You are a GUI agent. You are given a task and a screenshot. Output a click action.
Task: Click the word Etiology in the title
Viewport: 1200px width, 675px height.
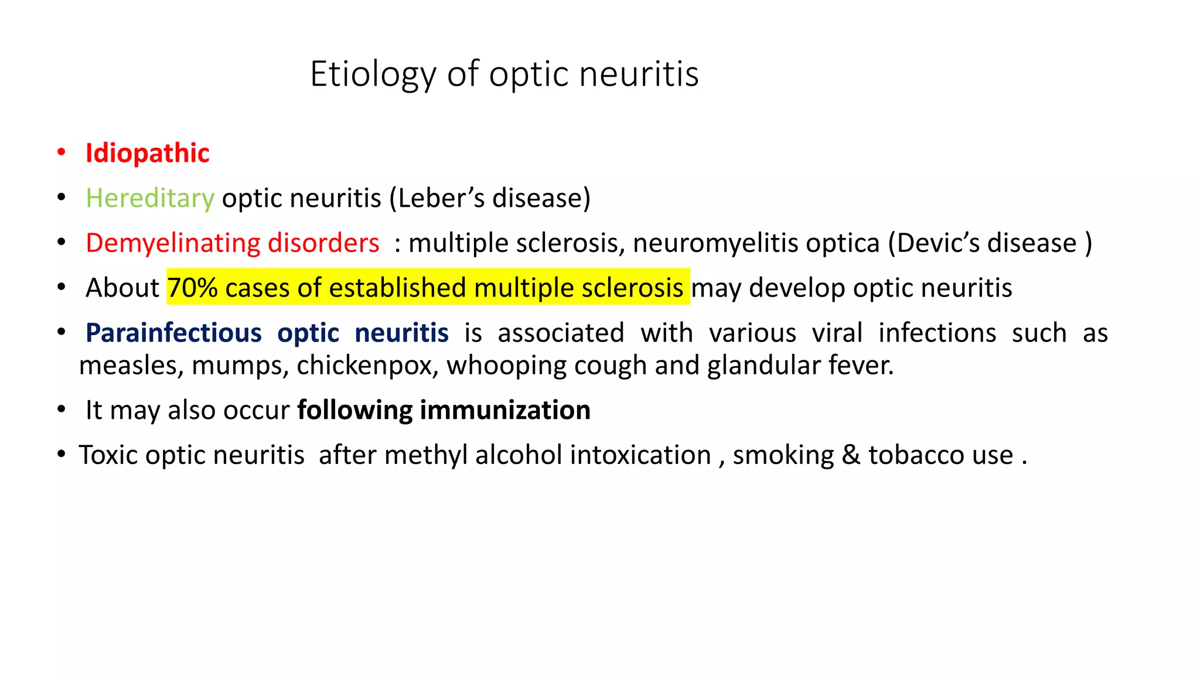tap(373, 74)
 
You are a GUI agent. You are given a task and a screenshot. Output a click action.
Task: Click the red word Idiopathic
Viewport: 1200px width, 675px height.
tap(148, 154)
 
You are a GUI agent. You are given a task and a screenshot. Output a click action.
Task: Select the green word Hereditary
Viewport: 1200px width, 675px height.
tap(150, 199)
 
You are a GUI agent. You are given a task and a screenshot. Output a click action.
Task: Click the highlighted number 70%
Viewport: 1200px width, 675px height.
tap(193, 288)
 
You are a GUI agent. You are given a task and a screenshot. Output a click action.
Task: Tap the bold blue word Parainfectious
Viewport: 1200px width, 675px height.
tap(173, 333)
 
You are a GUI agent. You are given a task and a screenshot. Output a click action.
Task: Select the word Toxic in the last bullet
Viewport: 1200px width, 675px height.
tap(108, 455)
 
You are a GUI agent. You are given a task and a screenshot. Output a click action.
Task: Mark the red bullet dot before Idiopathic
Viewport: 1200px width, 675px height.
tap(62, 152)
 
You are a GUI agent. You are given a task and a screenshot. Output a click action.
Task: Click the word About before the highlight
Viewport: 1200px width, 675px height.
tap(122, 288)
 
